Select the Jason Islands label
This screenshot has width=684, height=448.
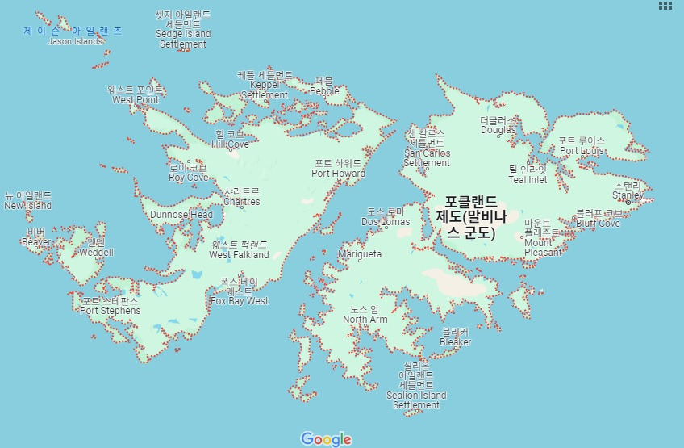[x=74, y=41]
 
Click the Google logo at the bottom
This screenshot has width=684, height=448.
[x=327, y=439]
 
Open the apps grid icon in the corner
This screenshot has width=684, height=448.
[x=665, y=6]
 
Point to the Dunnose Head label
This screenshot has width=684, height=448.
[x=181, y=215]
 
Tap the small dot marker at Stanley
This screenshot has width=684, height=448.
[x=628, y=202]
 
